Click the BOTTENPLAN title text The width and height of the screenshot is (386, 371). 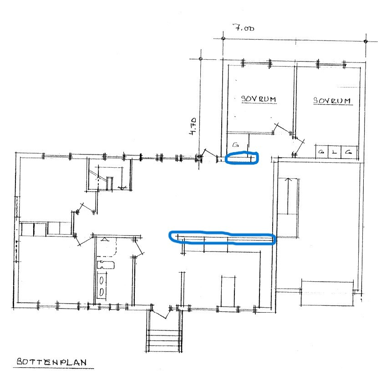[x=52, y=361]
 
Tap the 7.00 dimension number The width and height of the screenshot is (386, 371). [x=244, y=27]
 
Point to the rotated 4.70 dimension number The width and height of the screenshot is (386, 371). [x=193, y=126]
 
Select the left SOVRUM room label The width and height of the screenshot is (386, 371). [x=259, y=99]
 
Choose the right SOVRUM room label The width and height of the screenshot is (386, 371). [x=332, y=100]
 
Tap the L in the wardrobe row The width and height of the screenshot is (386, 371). [x=334, y=152]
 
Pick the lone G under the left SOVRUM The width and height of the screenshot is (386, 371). [x=236, y=144]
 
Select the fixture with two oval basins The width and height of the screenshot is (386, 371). [x=102, y=286]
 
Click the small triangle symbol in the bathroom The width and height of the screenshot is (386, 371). [x=105, y=239]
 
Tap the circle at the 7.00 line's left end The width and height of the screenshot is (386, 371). [x=223, y=38]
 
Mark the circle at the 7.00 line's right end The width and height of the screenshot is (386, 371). [x=366, y=41]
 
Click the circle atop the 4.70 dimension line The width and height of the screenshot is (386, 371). [x=201, y=59]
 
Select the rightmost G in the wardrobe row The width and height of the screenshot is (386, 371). [x=348, y=152]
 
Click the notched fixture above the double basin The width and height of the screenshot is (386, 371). [x=106, y=265]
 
